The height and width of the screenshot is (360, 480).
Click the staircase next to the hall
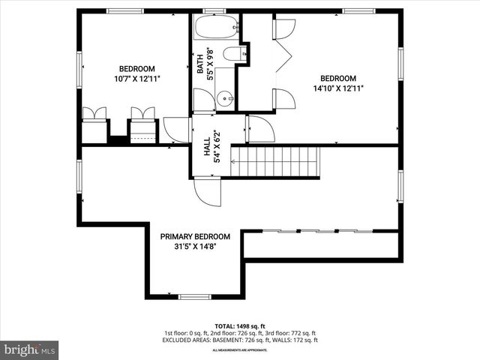pos(274,161)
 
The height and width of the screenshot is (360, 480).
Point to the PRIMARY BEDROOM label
pos(195,236)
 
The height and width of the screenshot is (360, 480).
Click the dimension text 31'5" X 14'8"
pos(195,246)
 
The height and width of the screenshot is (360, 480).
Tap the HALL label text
pos(207,146)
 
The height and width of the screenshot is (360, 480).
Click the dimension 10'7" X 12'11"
pos(137,78)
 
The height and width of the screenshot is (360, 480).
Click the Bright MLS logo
pos(30,350)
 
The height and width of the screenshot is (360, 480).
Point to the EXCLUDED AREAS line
pos(239,340)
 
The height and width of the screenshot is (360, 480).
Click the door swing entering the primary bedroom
pos(208,191)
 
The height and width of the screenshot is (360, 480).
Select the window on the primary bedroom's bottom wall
pos(194,297)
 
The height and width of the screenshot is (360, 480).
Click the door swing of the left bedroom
pos(176,130)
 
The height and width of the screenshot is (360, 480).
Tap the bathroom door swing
pos(203,100)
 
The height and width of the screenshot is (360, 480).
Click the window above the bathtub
pos(214,10)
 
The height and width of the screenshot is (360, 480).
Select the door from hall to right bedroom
pos(260,128)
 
